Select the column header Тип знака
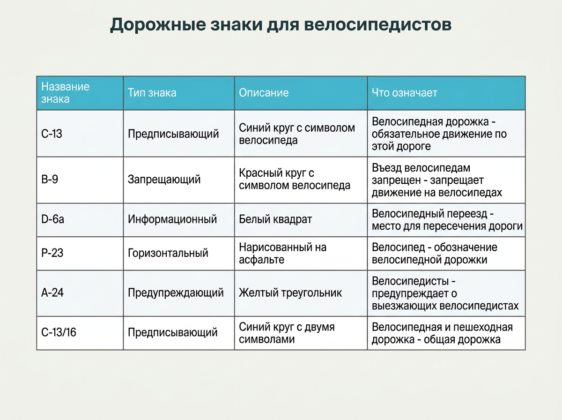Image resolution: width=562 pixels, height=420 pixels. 152,93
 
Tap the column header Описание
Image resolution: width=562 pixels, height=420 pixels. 264,93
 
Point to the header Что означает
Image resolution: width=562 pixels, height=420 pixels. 405,93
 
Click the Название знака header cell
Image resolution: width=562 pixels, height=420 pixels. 65,93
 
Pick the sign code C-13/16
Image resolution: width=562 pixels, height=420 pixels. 59,333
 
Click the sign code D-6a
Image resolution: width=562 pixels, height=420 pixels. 52,219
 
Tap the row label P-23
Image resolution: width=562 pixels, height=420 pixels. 52,253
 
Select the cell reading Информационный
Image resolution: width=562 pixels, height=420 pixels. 172,219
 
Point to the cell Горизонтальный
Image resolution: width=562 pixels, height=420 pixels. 168,253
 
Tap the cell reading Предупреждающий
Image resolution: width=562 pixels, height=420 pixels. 176,293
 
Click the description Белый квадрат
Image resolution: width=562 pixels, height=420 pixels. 275,219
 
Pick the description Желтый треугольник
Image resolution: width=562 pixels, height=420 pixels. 290,293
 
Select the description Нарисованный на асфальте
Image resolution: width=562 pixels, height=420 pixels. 282,253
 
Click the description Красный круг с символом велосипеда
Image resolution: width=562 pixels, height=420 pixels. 295,179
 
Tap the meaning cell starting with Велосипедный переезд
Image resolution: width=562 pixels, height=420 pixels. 447,220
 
